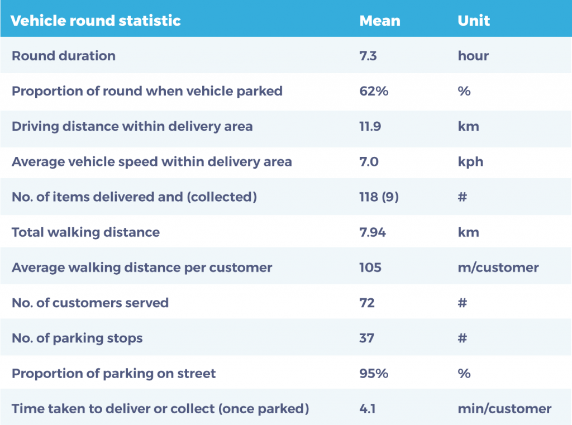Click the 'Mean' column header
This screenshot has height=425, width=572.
(380, 21)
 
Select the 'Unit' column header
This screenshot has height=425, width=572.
(474, 21)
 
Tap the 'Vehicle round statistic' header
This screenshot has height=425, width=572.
(96, 21)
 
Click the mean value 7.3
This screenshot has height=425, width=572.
(368, 56)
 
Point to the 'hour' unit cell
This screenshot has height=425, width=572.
(473, 56)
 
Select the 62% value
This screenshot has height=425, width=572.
(374, 91)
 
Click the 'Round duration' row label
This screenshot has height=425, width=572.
(64, 56)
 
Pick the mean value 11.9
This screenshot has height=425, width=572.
(370, 126)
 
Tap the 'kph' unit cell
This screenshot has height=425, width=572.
(470, 161)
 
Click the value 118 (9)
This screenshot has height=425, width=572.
(379, 197)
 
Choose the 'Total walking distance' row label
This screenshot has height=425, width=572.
(85, 232)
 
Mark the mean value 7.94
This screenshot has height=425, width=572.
(373, 232)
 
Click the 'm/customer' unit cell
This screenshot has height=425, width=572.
(498, 268)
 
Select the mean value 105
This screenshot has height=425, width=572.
(370, 268)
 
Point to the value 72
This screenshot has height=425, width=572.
(367, 303)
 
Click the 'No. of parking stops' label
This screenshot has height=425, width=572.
(77, 338)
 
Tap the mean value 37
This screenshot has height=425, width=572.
(366, 338)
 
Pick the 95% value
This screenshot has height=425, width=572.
(374, 373)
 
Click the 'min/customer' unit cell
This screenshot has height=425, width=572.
(504, 409)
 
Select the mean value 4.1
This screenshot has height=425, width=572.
(368, 409)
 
